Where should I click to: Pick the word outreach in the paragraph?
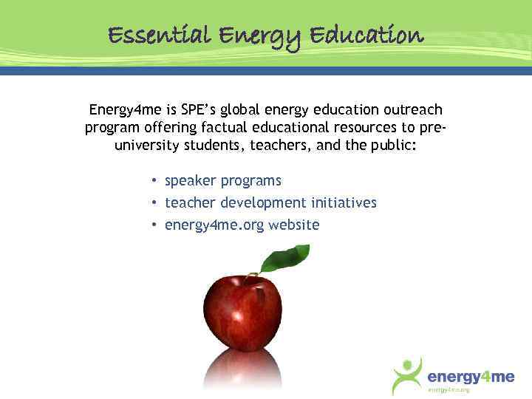tap(412, 110)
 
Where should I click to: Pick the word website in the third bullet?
tap(294, 225)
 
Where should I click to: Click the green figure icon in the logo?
tap(408, 375)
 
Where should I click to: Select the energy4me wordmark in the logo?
tap(471, 376)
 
